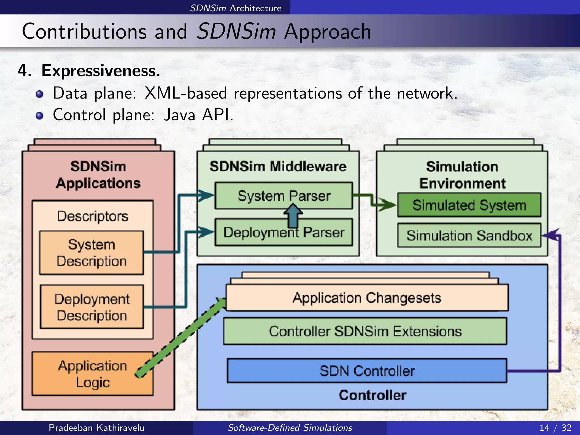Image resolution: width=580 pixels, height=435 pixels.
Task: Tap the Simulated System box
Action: [x=469, y=205]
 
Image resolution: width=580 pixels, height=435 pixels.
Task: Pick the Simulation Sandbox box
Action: [x=469, y=235]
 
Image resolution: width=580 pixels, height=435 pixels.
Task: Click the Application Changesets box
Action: [x=367, y=298]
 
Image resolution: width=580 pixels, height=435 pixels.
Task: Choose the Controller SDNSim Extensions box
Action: [x=365, y=331]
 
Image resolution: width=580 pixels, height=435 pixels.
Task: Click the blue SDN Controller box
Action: [x=367, y=371]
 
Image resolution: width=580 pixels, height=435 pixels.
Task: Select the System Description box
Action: [x=91, y=253]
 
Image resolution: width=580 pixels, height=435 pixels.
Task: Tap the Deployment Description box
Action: [x=92, y=307]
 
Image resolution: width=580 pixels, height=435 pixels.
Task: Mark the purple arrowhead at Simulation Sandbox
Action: [x=551, y=235]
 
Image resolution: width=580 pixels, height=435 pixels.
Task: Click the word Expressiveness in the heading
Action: [x=101, y=71]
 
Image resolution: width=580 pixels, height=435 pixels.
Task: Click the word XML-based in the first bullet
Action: [x=185, y=93]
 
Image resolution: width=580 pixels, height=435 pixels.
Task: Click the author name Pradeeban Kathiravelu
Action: [x=97, y=428]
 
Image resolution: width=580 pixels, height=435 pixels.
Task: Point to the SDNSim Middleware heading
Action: [x=278, y=167]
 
